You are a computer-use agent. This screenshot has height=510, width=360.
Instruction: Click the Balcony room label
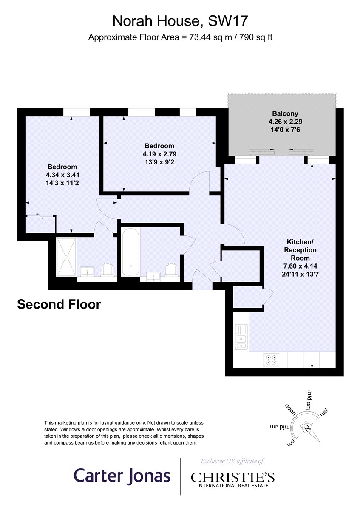coord(285,113)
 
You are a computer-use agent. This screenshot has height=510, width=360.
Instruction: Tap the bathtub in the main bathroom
coord(130,252)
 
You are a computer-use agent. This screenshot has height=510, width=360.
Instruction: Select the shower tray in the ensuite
coord(66,257)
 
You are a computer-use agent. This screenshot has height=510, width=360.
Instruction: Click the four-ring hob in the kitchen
coord(271,360)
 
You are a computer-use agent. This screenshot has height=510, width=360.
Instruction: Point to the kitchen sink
coord(241,337)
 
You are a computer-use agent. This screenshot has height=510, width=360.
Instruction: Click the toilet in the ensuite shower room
coord(108,270)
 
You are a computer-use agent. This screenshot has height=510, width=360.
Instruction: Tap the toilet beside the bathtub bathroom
coord(171,270)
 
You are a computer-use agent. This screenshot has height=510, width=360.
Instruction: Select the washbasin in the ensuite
coord(87,272)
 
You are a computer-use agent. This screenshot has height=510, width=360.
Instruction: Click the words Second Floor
coord(59,304)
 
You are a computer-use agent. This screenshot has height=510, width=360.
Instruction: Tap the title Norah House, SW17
coord(180,21)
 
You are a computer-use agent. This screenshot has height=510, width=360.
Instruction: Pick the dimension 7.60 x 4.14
coord(300,266)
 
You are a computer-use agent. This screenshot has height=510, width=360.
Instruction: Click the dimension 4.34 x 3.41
coord(62,175)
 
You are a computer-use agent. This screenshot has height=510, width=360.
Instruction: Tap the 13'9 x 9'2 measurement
coord(159,162)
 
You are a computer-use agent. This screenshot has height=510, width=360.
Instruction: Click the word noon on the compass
coord(291,410)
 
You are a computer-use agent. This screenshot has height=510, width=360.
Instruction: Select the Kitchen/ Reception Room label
coord(300,250)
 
